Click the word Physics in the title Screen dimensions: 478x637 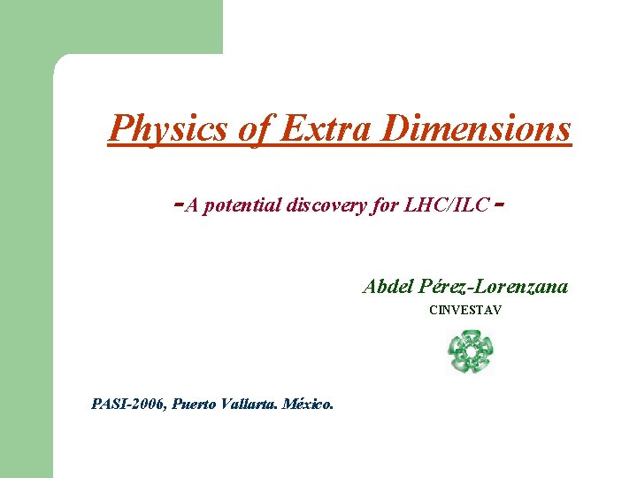[x=169, y=130]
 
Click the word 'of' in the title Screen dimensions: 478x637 [x=255, y=130]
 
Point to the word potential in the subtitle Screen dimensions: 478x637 [x=242, y=205]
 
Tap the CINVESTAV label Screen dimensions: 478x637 [x=465, y=311]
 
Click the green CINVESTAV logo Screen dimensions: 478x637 [x=470, y=351]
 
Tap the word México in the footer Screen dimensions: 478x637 [x=311, y=405]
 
